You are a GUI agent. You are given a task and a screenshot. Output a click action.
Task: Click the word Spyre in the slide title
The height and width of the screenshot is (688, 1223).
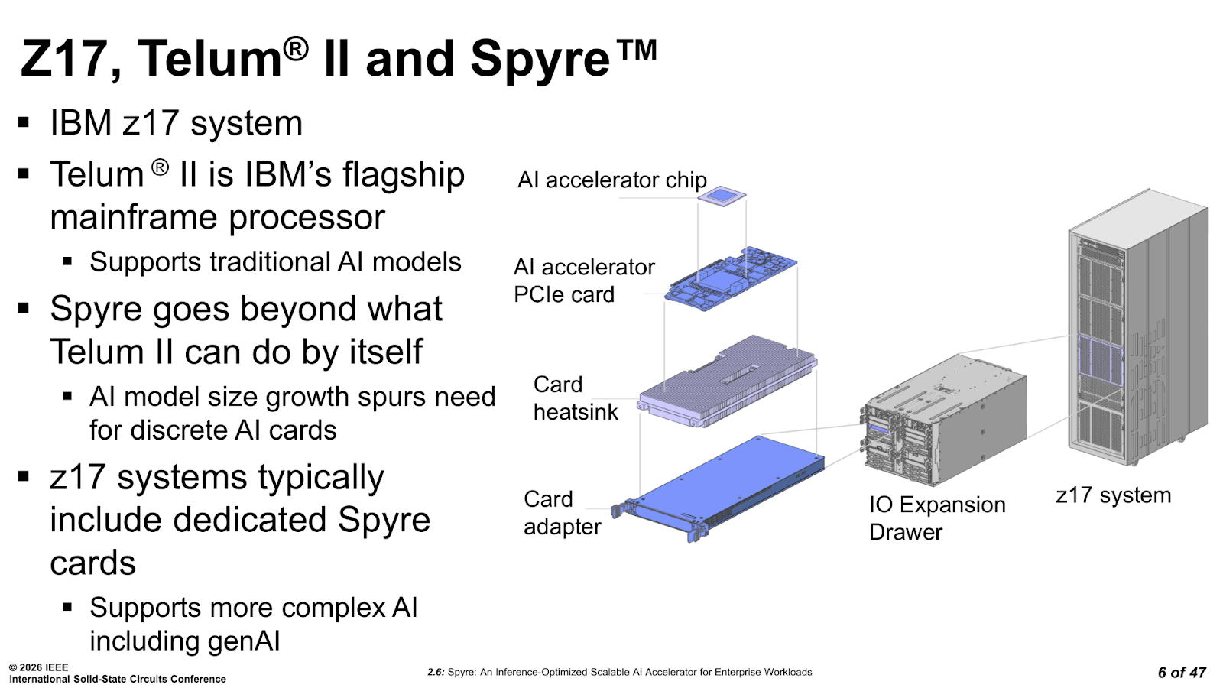[x=540, y=61]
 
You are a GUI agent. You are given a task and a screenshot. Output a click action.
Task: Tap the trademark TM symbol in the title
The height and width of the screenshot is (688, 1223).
[x=635, y=50]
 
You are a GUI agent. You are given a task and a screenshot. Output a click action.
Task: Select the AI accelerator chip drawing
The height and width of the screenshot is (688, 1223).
[x=722, y=196]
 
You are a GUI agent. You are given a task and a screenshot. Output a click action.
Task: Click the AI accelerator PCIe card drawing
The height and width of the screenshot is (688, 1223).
[x=731, y=278]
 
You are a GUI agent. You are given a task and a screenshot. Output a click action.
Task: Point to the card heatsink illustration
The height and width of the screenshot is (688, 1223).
[x=727, y=381]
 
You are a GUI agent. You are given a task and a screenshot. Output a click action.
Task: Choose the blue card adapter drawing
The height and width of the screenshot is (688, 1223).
[x=718, y=488]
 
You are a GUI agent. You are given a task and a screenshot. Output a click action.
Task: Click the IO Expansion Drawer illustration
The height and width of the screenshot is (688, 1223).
[x=943, y=420]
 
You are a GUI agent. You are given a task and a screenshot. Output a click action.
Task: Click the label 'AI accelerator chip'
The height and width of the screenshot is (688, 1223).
[x=612, y=180]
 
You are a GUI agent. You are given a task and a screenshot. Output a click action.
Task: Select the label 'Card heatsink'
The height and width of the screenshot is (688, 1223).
[x=575, y=398]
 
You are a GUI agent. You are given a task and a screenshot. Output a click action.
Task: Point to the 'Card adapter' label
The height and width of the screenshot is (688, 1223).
[x=562, y=513]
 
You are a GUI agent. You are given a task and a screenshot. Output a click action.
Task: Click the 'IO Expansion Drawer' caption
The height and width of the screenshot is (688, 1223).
[x=937, y=518]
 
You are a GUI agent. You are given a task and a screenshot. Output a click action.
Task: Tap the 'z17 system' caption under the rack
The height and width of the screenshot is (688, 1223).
[x=1113, y=495]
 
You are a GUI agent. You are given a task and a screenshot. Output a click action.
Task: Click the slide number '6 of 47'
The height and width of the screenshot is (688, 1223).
[x=1182, y=672]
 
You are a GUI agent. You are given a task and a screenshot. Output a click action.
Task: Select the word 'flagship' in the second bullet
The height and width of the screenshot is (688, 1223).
[x=404, y=176]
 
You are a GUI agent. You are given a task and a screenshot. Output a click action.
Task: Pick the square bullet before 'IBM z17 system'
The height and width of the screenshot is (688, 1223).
[x=23, y=122]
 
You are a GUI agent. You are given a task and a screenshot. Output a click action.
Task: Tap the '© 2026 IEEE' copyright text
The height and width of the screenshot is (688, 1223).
[x=39, y=667]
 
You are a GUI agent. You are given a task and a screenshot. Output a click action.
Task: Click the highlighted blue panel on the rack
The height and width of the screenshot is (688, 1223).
[x=1101, y=359]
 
